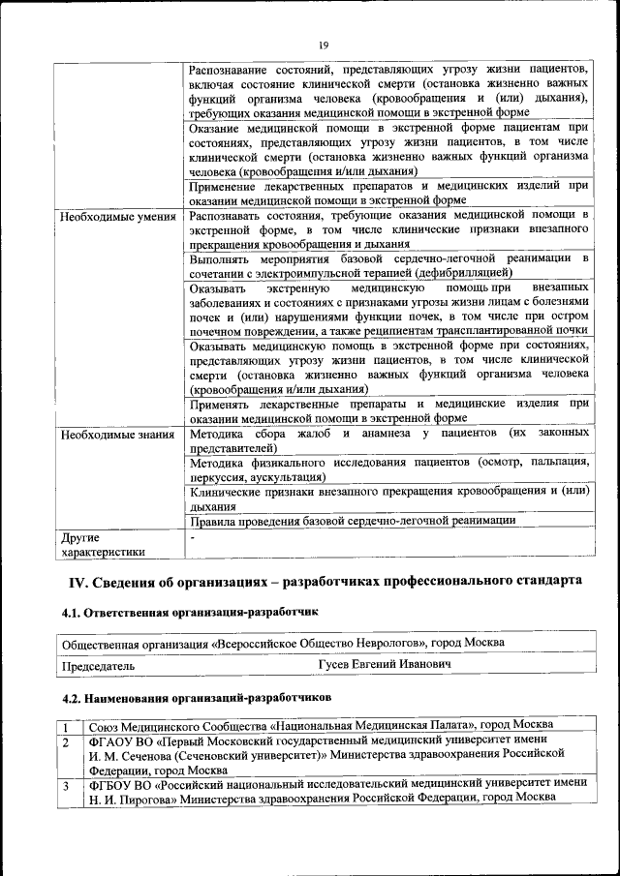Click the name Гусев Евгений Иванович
pos(384,666)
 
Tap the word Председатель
pos(98,666)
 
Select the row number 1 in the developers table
pos(64,725)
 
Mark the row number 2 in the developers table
pos(64,741)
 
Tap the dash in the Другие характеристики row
pos(194,535)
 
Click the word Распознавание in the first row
pos(233,69)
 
